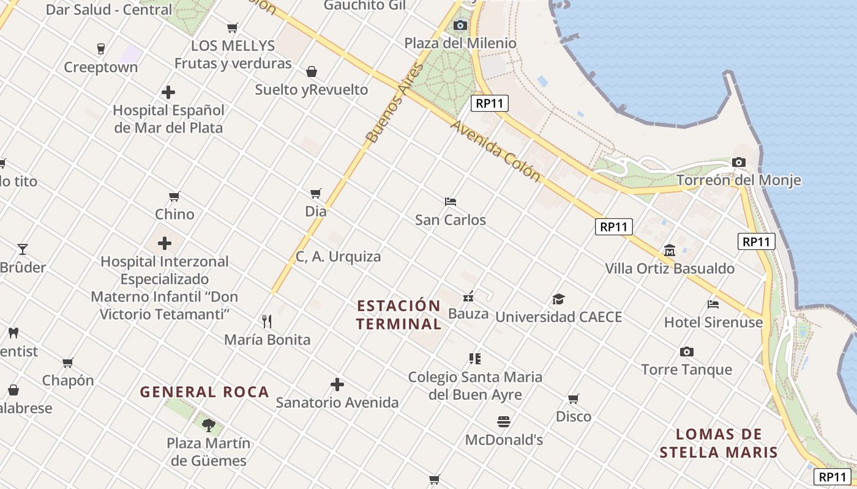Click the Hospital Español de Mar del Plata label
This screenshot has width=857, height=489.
pos(168,119)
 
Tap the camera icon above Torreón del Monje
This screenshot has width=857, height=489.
pos(739,163)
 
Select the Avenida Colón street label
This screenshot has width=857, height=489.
pos(496,150)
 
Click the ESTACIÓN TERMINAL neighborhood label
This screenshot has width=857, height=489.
pos(399,315)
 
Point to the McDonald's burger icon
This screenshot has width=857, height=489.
pos(504,422)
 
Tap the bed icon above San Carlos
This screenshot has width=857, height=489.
pos(451,202)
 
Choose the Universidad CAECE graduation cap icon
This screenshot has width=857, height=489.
pos(558,300)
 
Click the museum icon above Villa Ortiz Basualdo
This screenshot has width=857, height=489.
pos(670,251)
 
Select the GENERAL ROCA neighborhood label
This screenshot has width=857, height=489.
pos(204,392)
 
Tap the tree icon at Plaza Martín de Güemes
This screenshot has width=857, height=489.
pos(209,425)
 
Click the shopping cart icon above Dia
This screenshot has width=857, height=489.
pos(316,194)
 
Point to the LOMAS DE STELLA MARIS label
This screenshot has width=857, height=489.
pos(719,444)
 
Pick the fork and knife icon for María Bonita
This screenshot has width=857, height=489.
pos(267,322)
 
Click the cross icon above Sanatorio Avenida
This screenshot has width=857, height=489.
pos(337,384)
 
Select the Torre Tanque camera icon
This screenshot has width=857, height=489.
pos(687,352)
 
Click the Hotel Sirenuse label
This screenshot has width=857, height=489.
pos(714,322)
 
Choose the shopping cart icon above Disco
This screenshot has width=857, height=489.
pos(574,399)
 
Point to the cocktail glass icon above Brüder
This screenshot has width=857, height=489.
pos(23,249)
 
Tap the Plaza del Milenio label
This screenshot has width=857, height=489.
pos(460,43)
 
